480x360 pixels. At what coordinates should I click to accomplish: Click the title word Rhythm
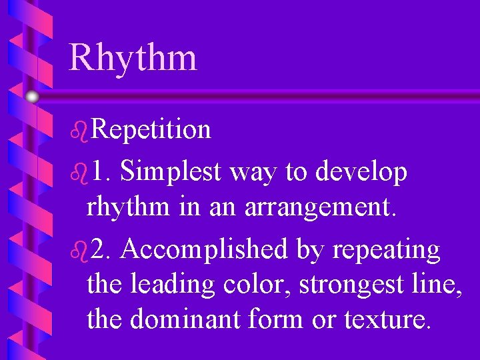133,57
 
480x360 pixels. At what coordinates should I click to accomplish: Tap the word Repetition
151,130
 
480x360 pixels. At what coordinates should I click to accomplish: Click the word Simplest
171,173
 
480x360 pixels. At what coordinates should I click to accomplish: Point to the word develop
361,173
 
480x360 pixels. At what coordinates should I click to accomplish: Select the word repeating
386,251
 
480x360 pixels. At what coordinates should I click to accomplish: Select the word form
275,319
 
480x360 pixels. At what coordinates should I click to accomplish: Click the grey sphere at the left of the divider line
32,97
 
